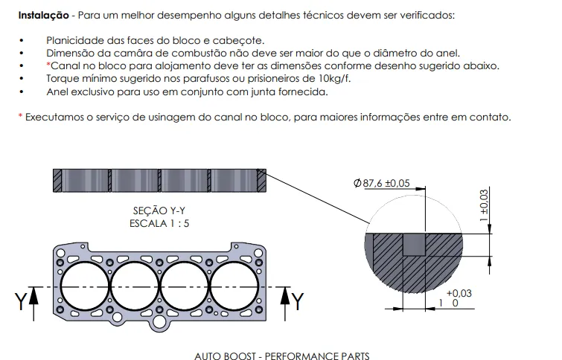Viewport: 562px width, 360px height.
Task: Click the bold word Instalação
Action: [41, 15]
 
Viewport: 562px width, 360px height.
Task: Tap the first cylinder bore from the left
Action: [83, 286]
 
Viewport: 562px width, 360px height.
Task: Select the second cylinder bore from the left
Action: [134, 286]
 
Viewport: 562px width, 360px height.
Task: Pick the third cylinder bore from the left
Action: [184, 286]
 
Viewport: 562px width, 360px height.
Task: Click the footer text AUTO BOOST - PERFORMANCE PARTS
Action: [281, 356]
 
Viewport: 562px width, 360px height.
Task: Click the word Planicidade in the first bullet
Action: [73, 39]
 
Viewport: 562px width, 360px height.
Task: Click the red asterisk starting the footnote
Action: [20, 117]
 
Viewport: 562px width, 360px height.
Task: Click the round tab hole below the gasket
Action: [159, 322]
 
